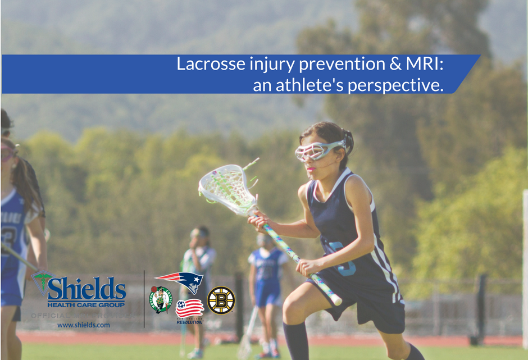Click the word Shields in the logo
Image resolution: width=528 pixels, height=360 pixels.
pyautogui.click(x=87, y=288)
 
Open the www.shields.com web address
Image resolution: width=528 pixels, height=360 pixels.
pyautogui.click(x=83, y=325)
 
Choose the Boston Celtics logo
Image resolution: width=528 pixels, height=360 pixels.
pyautogui.click(x=160, y=299)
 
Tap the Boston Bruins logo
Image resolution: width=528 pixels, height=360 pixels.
pyautogui.click(x=221, y=300)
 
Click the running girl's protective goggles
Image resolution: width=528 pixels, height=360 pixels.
pyautogui.click(x=318, y=150)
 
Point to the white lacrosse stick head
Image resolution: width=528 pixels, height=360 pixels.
pyautogui.click(x=225, y=188)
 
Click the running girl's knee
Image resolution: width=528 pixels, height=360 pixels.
pyautogui.click(x=294, y=310)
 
